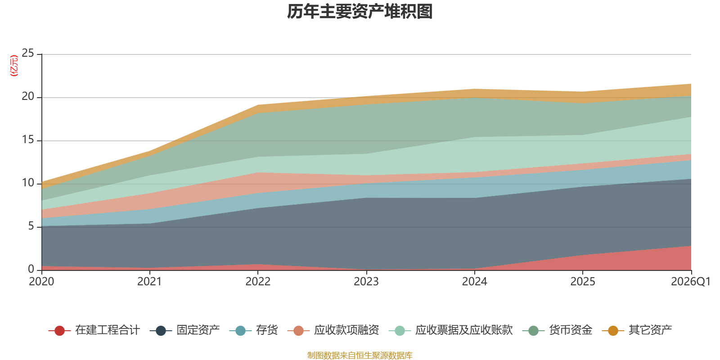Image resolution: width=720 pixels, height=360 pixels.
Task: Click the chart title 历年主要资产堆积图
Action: (x=360, y=12)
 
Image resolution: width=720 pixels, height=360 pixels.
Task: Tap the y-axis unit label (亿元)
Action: (x=14, y=66)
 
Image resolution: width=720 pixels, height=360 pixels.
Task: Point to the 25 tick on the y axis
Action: (x=27, y=54)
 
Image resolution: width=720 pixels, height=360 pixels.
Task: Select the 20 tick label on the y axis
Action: (x=27, y=96)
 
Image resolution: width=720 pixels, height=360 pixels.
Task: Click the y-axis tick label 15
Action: (x=27, y=140)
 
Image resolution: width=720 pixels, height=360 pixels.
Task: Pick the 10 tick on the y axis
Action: (x=27, y=183)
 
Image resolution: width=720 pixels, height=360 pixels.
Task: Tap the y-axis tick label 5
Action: (x=31, y=226)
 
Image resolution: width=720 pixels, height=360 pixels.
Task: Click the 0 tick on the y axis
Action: (x=31, y=270)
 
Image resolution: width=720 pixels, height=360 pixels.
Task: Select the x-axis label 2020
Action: (x=41, y=282)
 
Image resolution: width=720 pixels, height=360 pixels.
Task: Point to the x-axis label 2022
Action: (x=258, y=282)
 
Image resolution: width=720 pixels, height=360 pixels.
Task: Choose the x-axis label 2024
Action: (x=474, y=282)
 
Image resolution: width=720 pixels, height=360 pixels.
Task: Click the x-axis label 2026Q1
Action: (x=691, y=282)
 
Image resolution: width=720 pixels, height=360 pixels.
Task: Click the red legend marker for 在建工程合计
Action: (x=59, y=330)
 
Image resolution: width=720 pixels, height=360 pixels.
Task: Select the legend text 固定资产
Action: (x=198, y=330)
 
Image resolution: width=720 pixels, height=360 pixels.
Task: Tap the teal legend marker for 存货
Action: (x=240, y=330)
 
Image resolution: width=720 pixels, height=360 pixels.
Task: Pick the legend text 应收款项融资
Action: (x=346, y=330)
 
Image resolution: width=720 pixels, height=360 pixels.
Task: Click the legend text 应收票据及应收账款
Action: (x=464, y=330)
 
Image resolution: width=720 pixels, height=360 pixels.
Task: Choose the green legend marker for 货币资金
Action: (x=534, y=330)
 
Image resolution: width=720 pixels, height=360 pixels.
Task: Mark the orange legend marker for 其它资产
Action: (x=613, y=330)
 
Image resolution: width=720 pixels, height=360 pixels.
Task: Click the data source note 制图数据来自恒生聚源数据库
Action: (x=360, y=355)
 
